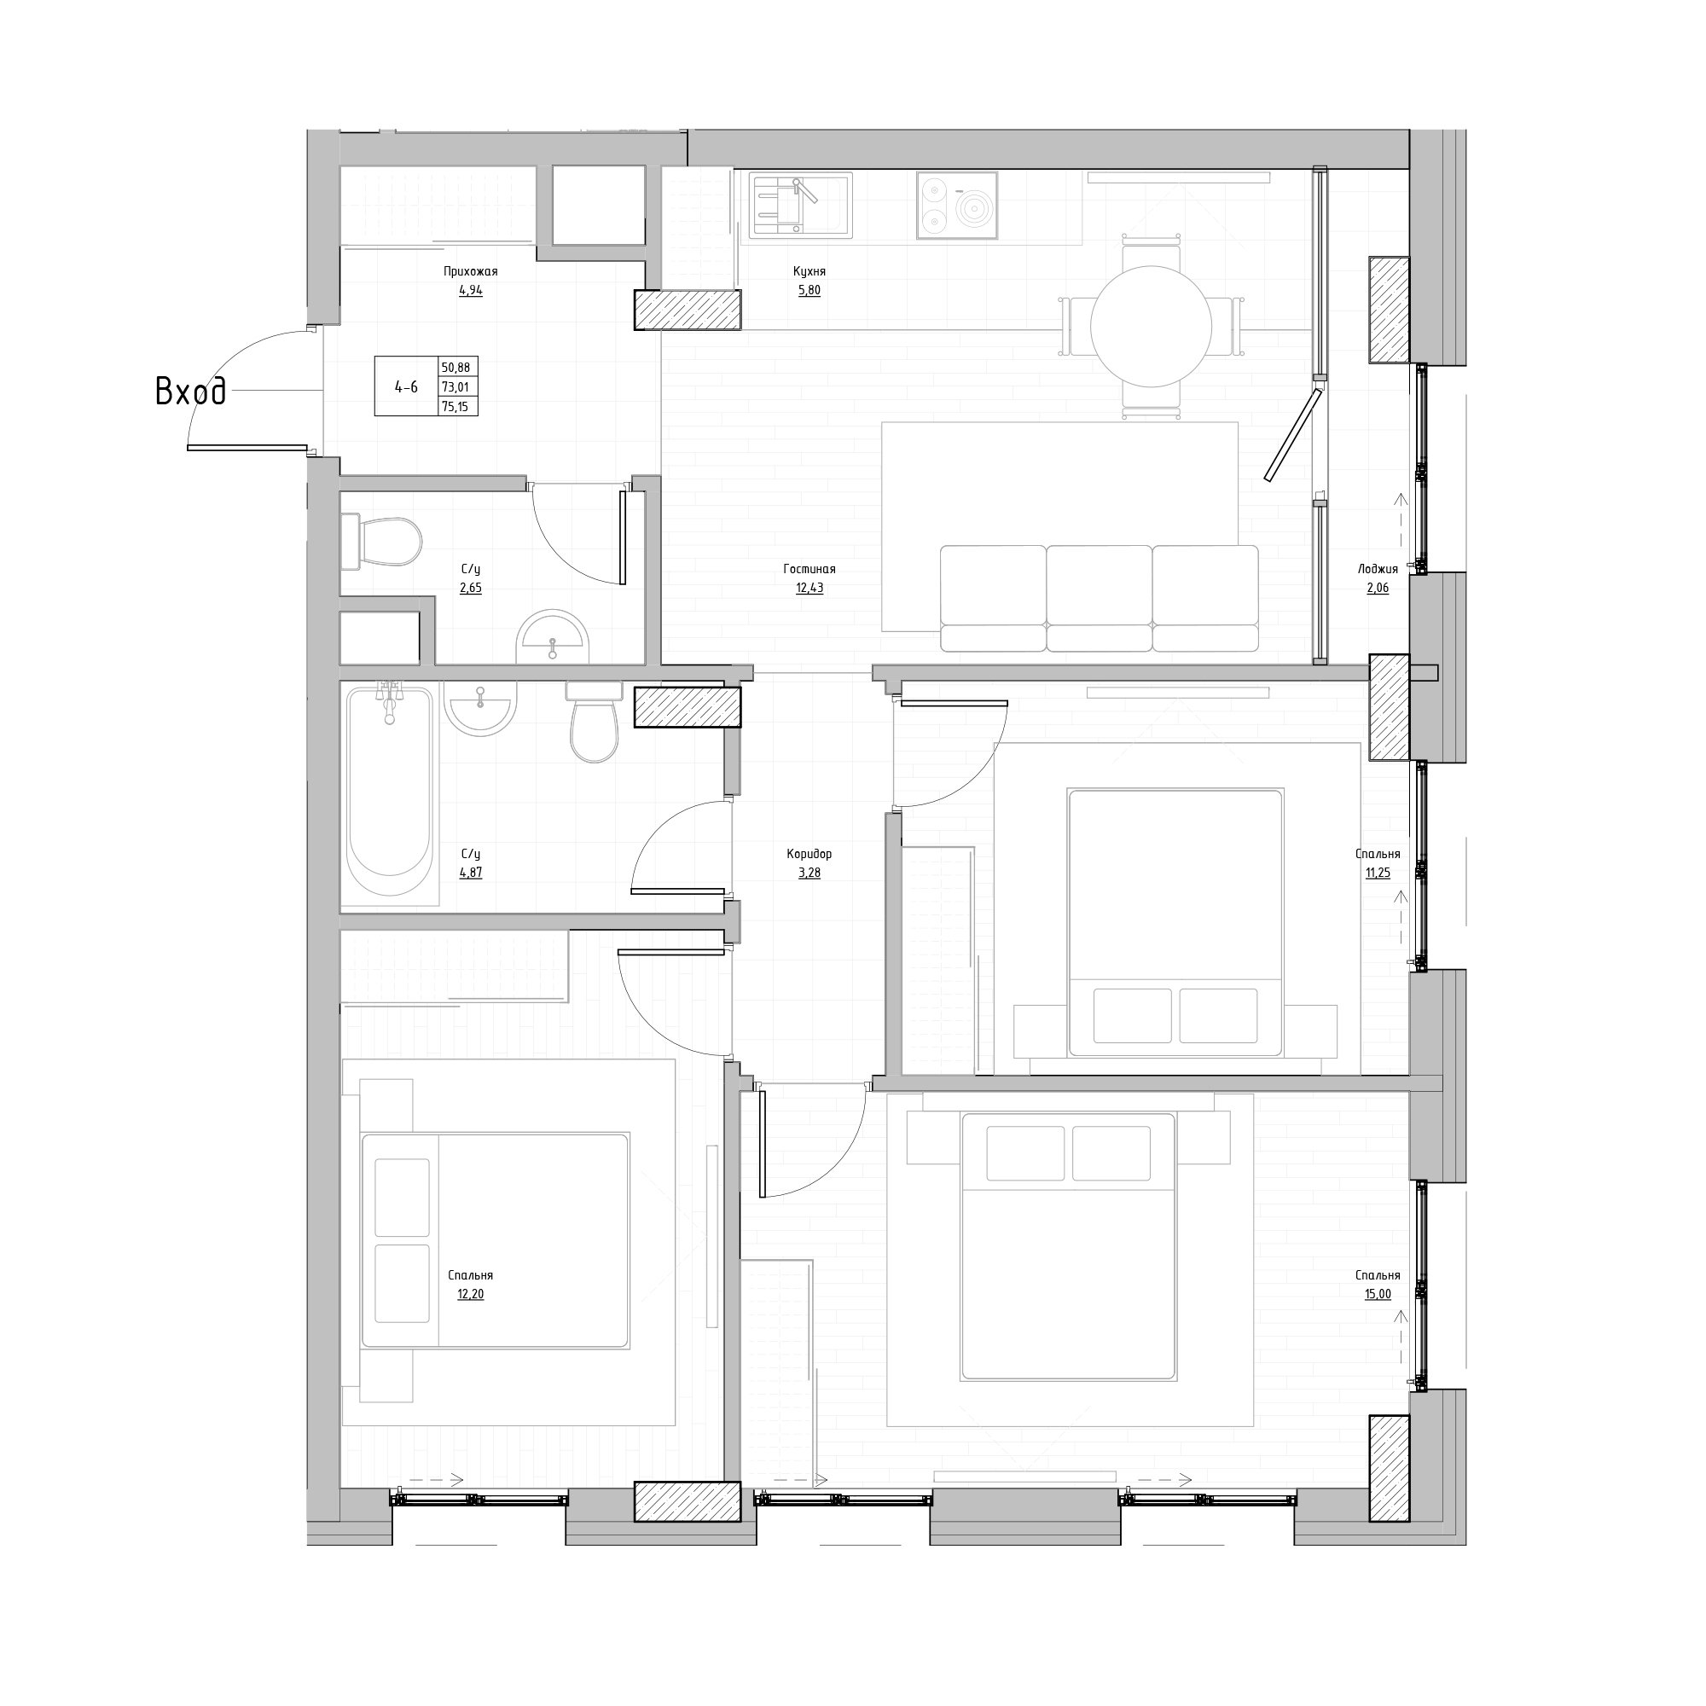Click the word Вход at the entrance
coord(191,392)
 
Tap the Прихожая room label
coord(471,272)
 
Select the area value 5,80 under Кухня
coord(809,291)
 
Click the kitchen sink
coord(800,206)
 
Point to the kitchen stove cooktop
coord(957,206)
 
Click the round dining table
coord(1151,326)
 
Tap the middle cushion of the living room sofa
coord(1100,598)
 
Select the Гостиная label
coord(809,570)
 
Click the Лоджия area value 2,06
coord(1378,588)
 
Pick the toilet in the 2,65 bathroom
coord(381,543)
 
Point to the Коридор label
coord(809,854)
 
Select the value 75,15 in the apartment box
coord(455,406)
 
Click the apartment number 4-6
coord(406,386)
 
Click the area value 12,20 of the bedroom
coord(471,1295)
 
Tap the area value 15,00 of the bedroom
coord(1378,1295)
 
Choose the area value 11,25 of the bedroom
coord(1378,873)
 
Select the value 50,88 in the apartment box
coord(455,367)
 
